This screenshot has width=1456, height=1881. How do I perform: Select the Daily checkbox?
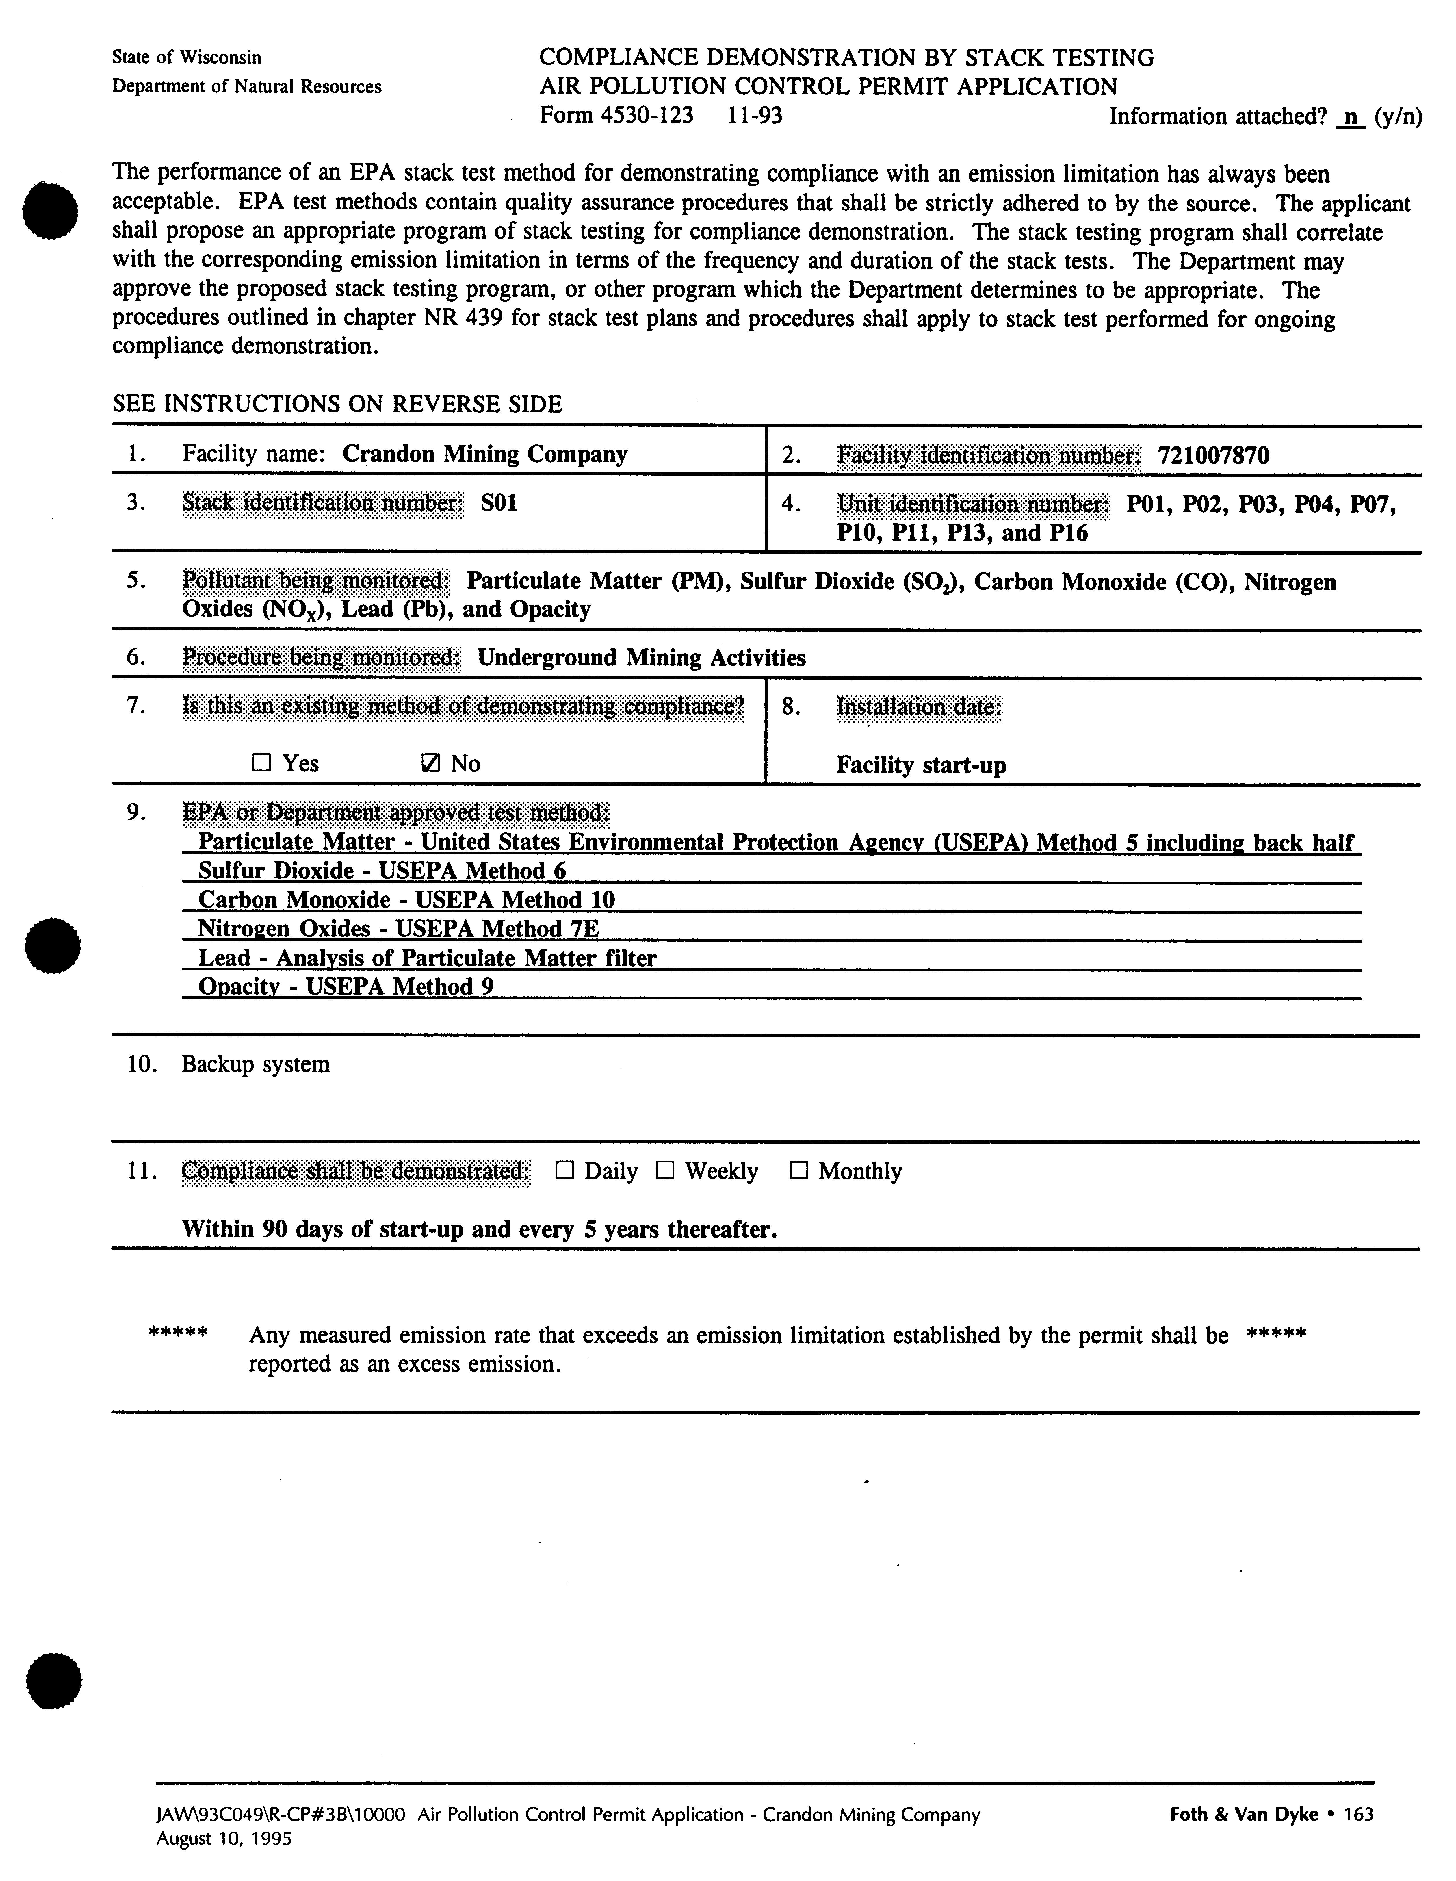(x=564, y=1170)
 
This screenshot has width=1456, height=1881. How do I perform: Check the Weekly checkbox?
(x=665, y=1170)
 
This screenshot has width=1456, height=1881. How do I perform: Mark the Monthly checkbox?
(x=798, y=1170)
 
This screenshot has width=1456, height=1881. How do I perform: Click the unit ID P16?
(x=1068, y=533)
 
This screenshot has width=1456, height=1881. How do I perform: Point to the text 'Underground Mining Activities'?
(x=641, y=658)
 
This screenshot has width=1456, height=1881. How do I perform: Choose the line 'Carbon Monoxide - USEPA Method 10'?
(x=406, y=900)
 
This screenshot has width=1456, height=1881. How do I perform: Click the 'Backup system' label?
(x=256, y=1064)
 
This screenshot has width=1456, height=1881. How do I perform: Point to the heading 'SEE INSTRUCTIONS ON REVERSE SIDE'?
(x=337, y=404)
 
